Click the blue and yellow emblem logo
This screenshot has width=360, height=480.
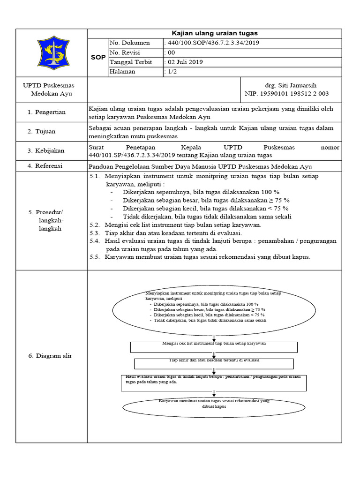coord(52,52)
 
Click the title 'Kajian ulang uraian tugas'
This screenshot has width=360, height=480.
coord(215,33)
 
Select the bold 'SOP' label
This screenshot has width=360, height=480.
coord(98,57)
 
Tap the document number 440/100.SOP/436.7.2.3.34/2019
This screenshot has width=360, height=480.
coord(212,43)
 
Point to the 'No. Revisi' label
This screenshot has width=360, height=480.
coord(125,52)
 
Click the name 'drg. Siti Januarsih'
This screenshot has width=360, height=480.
coord(291,85)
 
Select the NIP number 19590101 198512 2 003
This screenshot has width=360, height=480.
coord(287,93)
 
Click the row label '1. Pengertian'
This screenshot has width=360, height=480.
coord(46,112)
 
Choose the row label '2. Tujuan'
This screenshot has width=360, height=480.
coord(43,131)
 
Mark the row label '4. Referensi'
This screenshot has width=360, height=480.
coord(45,166)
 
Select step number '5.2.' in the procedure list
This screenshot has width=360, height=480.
coord(95,225)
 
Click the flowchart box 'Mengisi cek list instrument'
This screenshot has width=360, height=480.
coord(213,347)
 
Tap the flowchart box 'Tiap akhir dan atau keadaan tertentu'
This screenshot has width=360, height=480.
coord(213,363)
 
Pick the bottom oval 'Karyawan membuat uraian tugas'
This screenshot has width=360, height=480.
coord(213,405)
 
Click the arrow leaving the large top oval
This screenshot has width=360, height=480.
coord(214,337)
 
